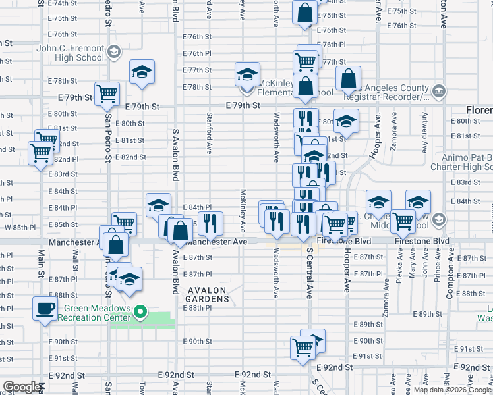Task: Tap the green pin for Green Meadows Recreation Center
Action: coord(140,311)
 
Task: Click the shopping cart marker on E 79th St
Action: coord(107,93)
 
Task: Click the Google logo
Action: coord(22,387)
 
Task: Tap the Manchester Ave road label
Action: coord(216,242)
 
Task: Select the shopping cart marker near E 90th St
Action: coord(303,346)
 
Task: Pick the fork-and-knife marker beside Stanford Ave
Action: coord(211,224)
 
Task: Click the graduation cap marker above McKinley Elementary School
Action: coord(247,73)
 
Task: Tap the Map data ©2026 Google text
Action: coord(451,390)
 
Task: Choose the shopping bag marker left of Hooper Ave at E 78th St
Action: coord(348,79)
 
